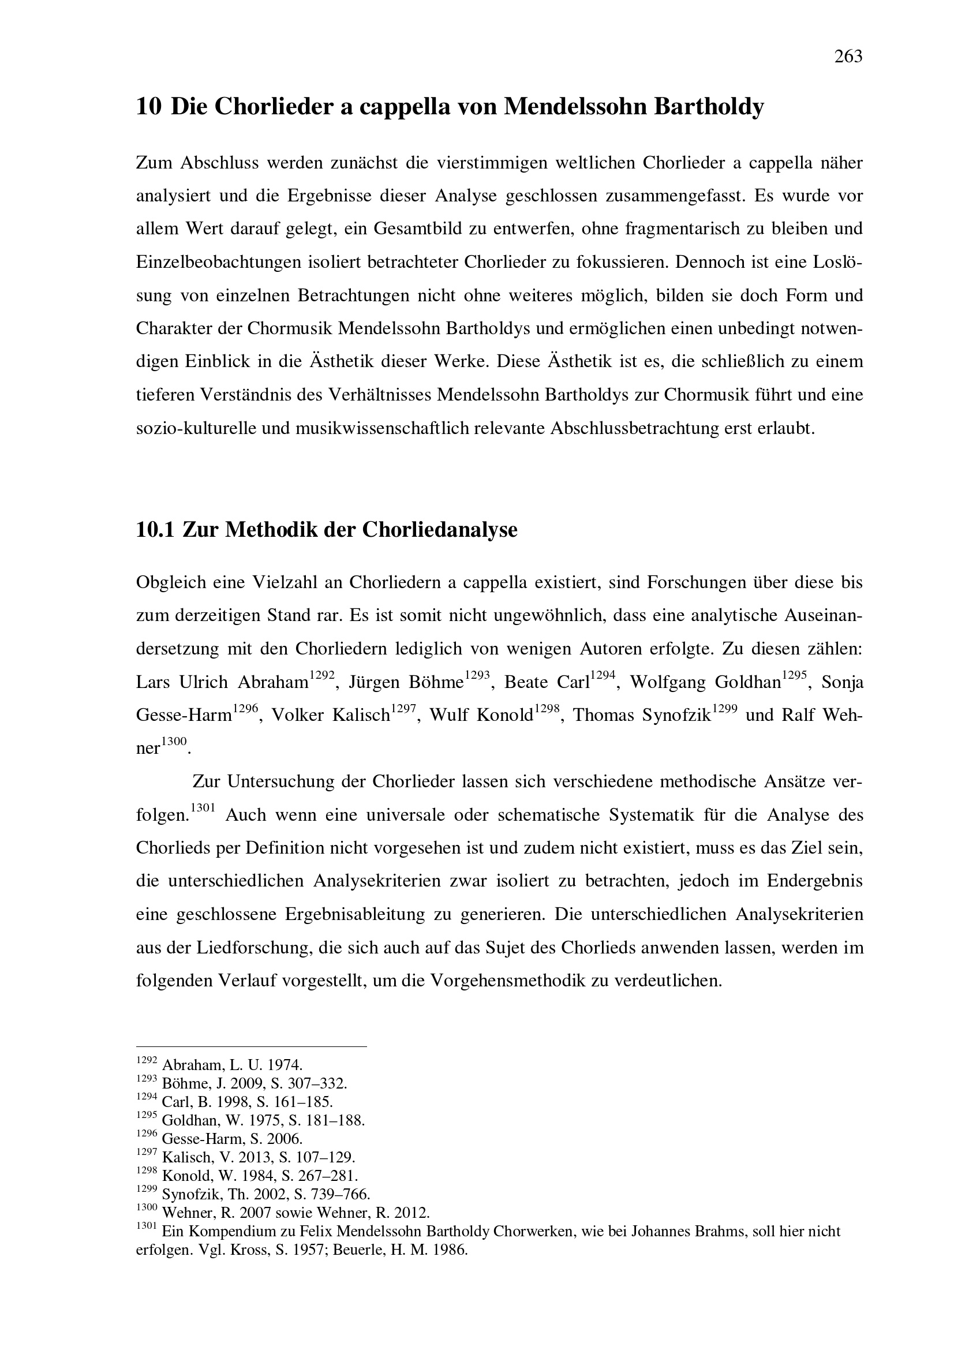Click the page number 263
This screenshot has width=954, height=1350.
[x=848, y=57]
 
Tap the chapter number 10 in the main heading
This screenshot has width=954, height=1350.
[x=148, y=107]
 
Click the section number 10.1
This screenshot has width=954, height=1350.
[x=155, y=530]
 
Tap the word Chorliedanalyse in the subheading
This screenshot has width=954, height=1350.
[x=439, y=530]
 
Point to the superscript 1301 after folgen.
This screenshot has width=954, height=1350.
[x=203, y=808]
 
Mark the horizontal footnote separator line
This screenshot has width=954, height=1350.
[x=251, y=1046]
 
